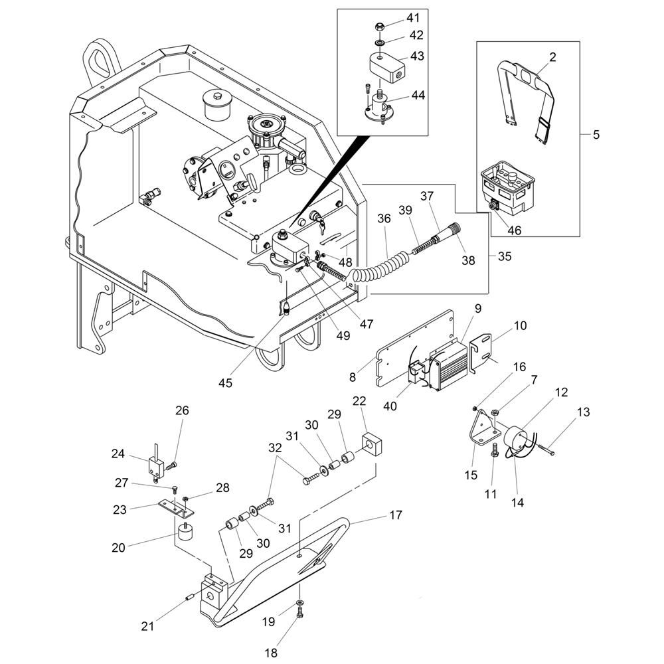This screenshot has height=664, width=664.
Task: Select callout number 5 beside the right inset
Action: [596, 135]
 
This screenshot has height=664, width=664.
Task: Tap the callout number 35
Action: [504, 256]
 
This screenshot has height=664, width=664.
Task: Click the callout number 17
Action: [396, 515]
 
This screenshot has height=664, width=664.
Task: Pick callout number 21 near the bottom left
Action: [147, 625]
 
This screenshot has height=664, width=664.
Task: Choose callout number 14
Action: [517, 503]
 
